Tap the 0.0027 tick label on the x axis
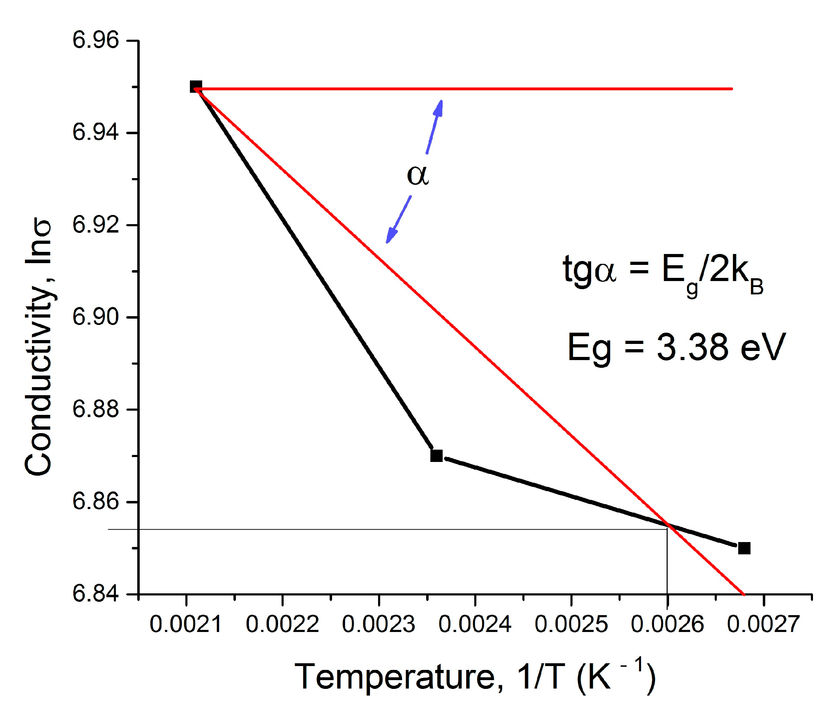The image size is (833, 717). click(763, 625)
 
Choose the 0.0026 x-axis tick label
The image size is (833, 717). click(667, 625)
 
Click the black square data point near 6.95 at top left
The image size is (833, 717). click(196, 86)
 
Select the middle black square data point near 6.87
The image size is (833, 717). click(436, 456)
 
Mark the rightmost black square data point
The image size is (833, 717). click(744, 548)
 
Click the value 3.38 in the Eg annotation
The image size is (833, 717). click(692, 347)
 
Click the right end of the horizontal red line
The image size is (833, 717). click(731, 89)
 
